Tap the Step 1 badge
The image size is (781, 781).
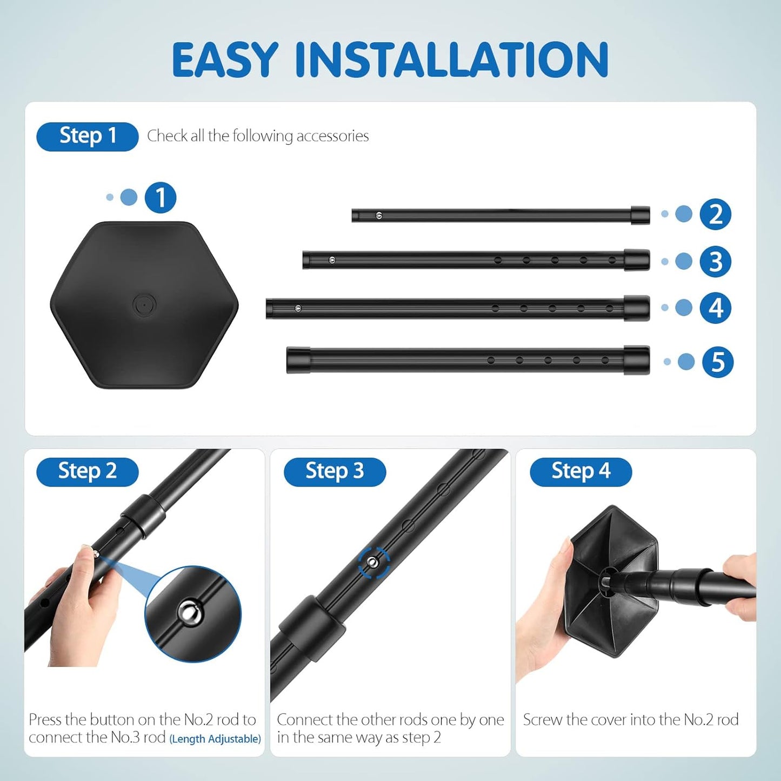[88, 136]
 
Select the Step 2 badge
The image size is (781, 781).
[88, 471]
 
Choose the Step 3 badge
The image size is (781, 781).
[335, 471]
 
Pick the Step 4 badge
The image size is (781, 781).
[580, 471]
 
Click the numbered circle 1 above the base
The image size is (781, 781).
[161, 198]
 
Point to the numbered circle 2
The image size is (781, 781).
[715, 215]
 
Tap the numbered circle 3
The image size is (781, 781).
[715, 262]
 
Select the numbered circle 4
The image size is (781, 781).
[715, 308]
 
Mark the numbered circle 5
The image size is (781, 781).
[717, 362]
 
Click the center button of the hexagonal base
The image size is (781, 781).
[144, 305]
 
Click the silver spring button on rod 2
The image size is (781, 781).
[379, 216]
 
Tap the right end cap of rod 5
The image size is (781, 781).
[636, 360]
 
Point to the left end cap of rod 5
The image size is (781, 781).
[298, 360]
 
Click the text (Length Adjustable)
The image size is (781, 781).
[215, 739]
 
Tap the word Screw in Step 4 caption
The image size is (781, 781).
[543, 720]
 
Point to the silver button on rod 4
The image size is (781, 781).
[298, 309]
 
